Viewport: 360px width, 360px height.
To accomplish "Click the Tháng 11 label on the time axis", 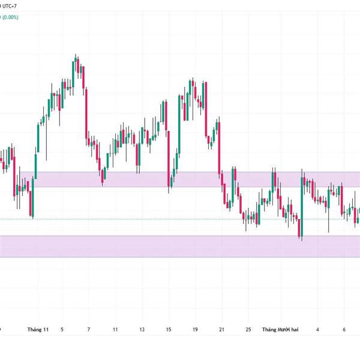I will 37,329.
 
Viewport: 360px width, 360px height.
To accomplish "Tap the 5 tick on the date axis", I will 62,329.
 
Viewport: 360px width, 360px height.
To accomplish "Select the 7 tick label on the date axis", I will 88,329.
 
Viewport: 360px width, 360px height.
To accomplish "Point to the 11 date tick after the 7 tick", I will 115,329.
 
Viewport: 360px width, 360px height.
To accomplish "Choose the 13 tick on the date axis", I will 142,329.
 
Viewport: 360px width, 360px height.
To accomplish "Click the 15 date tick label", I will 169,329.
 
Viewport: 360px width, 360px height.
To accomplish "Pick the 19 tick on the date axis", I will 195,329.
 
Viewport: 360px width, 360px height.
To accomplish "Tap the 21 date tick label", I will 221,329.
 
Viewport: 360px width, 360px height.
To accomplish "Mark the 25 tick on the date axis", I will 248,329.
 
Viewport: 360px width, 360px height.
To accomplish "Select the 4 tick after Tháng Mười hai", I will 318,329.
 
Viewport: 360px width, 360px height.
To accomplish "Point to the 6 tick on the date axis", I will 344,329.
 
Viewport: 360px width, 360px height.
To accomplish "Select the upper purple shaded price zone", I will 180,179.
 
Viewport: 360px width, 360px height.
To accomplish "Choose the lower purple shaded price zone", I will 180,246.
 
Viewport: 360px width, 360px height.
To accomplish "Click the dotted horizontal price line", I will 150,219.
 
